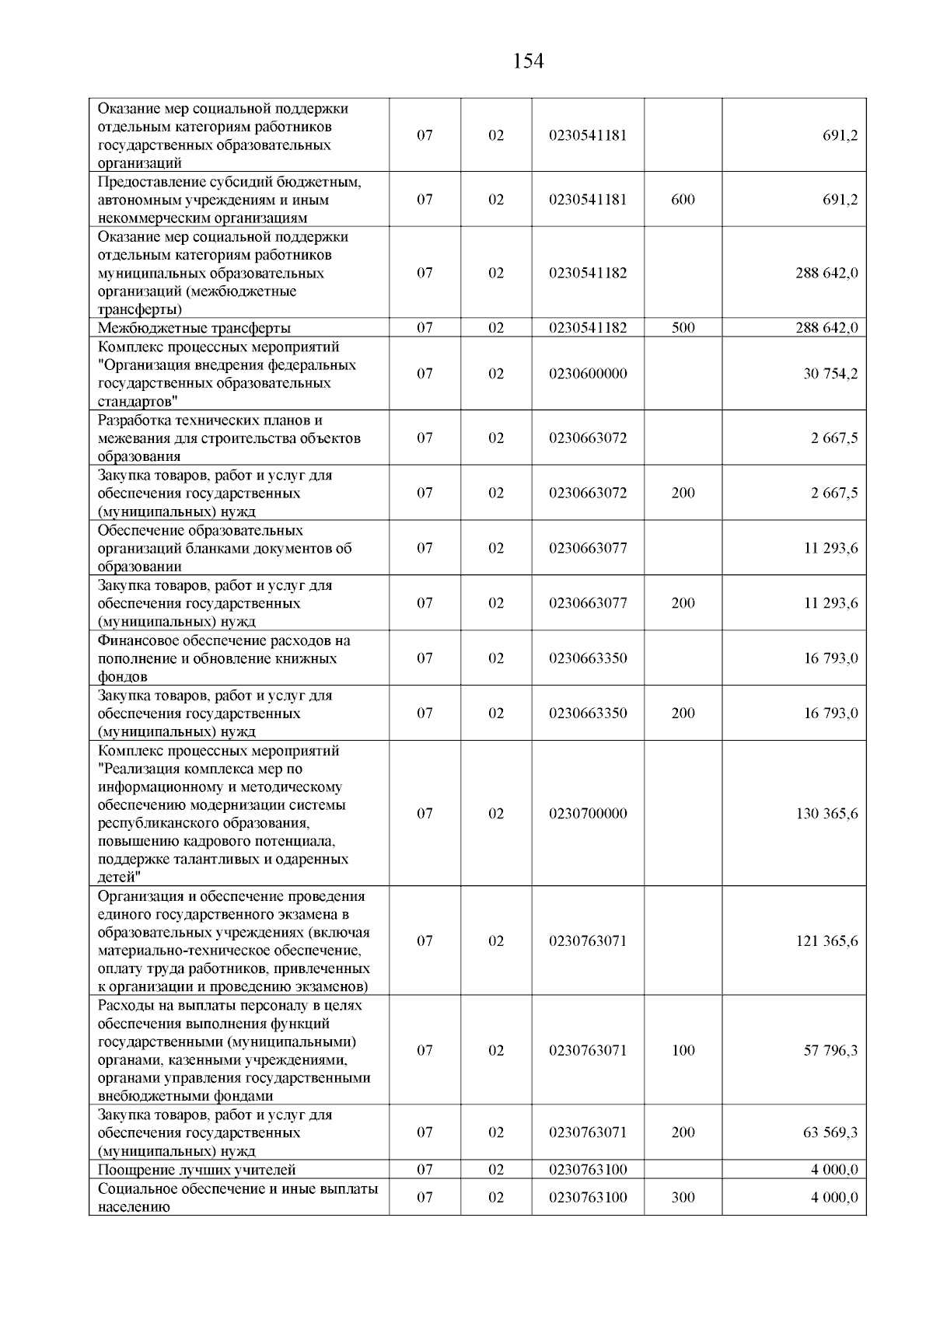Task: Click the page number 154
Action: tap(528, 61)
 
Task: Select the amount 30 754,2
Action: tap(830, 374)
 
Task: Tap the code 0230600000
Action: tap(587, 374)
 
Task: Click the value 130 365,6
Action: tap(826, 814)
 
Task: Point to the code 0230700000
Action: tap(587, 814)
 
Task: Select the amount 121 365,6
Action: tap(826, 941)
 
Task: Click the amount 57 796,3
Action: tap(830, 1051)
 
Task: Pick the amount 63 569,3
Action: tap(830, 1132)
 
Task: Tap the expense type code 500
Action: tap(683, 328)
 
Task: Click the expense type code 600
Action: tap(683, 200)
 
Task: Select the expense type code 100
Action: tap(683, 1051)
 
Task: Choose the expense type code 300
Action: tap(683, 1198)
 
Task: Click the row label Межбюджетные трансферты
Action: tap(194, 328)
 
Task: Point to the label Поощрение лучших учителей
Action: tap(197, 1170)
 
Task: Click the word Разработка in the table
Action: tap(133, 420)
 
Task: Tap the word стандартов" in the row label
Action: tap(138, 402)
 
